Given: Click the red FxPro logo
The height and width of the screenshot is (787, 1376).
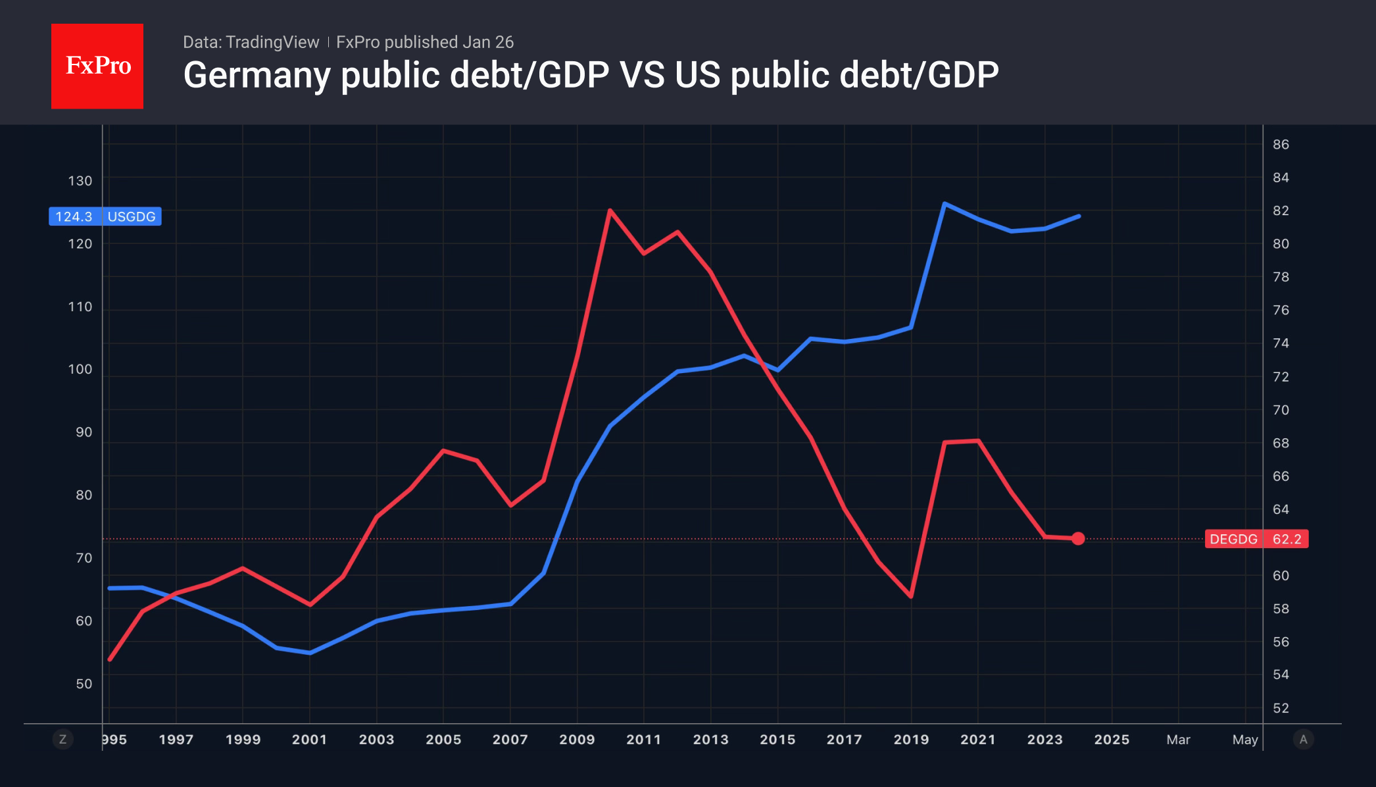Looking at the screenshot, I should (97, 66).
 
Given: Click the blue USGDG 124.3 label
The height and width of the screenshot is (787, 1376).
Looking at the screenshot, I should (105, 216).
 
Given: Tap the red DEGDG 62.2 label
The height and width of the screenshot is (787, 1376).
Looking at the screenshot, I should (1256, 539).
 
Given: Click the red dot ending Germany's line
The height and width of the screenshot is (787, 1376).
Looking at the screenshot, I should (1078, 538).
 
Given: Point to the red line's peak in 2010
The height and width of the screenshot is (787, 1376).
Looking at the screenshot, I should (610, 211).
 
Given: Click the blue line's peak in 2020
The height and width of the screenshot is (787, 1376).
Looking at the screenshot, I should (945, 204).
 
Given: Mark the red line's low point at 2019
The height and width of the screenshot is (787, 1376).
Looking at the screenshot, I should (911, 596).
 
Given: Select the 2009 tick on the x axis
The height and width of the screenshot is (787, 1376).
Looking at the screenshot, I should (577, 739).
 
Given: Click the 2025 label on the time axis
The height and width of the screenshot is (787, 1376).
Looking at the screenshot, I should (1112, 739).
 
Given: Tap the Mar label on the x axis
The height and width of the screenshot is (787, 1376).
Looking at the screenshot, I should (1178, 739).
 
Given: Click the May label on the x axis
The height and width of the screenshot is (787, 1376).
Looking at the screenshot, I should (1244, 739).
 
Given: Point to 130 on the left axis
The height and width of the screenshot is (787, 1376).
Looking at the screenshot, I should (80, 180).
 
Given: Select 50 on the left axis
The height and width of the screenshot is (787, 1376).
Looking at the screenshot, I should (84, 684).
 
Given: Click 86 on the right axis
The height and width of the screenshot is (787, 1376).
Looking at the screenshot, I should (1281, 144).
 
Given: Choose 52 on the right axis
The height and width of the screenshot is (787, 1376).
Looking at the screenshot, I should (1281, 708).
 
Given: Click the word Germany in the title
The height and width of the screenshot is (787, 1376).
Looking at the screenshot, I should (256, 75).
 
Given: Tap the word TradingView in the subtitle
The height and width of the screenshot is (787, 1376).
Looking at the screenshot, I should (272, 42).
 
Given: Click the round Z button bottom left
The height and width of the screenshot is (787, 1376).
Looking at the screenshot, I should (62, 739).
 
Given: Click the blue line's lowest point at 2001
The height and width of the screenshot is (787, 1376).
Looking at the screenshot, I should (310, 653).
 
